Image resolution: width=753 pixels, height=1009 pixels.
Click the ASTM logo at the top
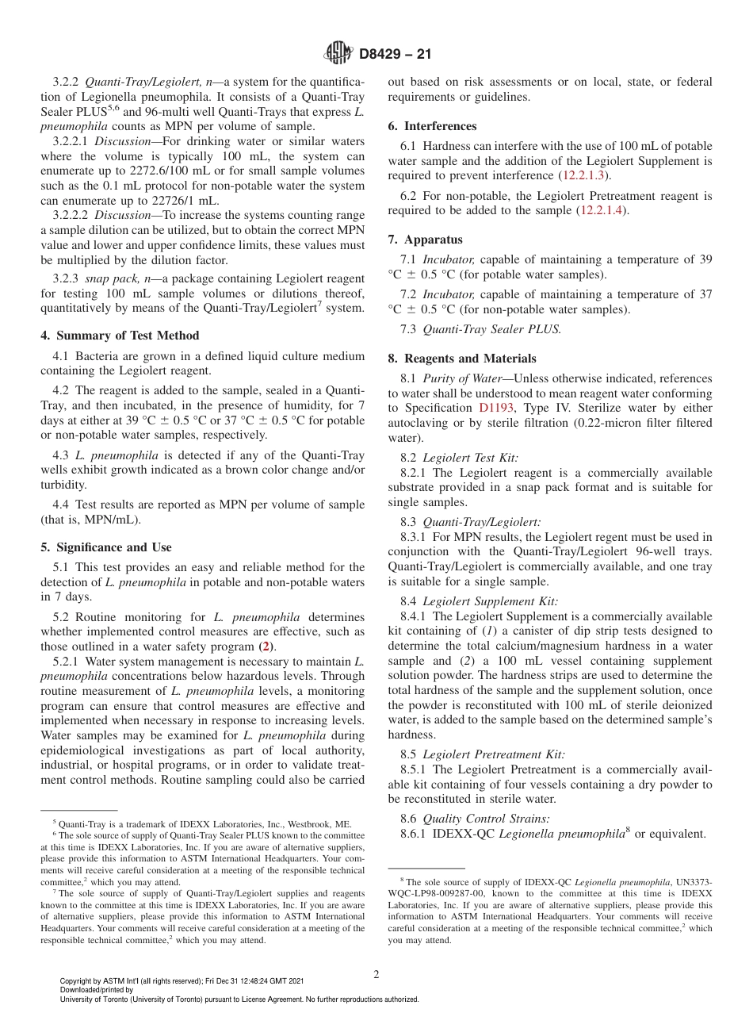click(x=338, y=54)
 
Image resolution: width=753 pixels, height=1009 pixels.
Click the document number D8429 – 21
click(x=395, y=55)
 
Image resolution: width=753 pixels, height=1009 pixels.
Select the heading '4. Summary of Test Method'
click(x=120, y=336)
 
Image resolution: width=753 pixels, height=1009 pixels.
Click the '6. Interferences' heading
click(x=432, y=126)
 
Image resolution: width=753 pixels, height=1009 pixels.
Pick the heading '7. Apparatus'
click(x=425, y=240)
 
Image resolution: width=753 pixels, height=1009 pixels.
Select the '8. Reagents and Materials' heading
click(x=461, y=359)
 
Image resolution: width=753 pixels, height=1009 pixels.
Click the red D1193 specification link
click(x=496, y=408)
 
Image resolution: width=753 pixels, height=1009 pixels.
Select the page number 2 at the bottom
click(x=376, y=975)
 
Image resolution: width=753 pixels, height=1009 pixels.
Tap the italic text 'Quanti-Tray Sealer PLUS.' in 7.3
click(x=491, y=329)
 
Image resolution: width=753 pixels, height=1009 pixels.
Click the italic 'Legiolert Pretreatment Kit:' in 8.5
click(x=494, y=754)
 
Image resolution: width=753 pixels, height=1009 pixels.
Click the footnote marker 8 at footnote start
click(x=402, y=880)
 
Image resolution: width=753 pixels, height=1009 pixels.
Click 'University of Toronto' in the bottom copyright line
click(x=94, y=999)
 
